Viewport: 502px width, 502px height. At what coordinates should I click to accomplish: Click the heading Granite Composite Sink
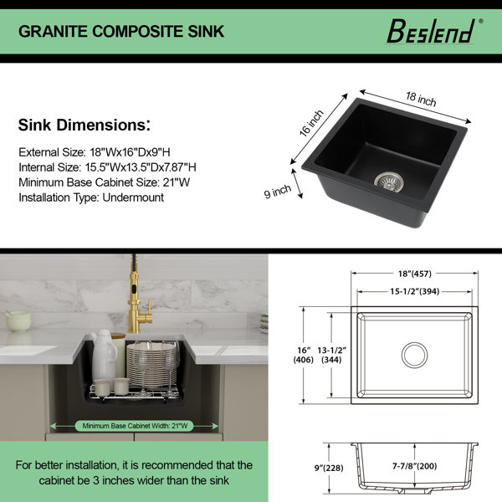121,32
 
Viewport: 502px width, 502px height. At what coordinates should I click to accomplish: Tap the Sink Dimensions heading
85,125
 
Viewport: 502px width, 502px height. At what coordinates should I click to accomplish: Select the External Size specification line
95,152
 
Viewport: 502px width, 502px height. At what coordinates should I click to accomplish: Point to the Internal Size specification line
107,167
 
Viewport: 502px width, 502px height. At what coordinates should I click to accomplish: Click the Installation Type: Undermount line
91,197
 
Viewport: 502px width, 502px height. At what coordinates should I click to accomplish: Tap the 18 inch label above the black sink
421,99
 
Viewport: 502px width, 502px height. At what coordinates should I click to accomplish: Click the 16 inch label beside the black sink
311,123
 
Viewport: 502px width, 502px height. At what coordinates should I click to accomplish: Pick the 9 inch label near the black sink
278,191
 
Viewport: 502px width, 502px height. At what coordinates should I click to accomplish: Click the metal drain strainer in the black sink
389,182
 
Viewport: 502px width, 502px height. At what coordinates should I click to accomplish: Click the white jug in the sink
103,355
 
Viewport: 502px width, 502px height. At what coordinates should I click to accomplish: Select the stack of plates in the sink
151,365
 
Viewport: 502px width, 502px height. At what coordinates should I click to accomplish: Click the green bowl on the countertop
18,321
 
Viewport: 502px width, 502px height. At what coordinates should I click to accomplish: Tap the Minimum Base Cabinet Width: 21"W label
135,426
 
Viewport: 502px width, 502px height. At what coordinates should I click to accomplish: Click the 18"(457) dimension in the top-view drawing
415,274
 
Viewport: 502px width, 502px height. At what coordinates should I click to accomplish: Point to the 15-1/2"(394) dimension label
415,291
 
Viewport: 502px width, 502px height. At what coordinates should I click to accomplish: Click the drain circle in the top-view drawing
415,355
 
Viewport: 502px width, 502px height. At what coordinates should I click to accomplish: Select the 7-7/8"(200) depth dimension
415,466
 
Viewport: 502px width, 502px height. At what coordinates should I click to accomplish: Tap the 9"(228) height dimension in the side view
329,468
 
